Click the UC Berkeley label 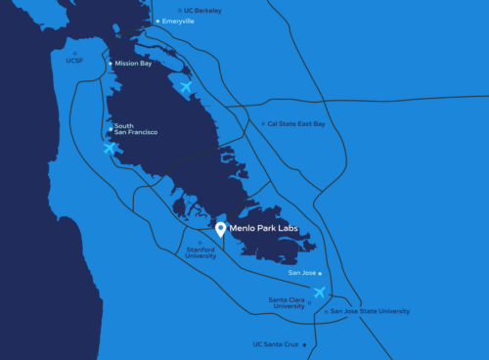(x=203, y=10)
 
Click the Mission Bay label (x=134, y=64)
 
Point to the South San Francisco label (x=136, y=129)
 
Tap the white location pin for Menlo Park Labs (x=221, y=230)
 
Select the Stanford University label (x=200, y=252)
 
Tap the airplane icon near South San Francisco (x=111, y=148)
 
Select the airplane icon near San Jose (x=319, y=292)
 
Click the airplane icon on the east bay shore (x=186, y=87)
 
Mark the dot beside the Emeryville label (x=157, y=21)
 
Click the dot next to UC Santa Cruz (x=305, y=344)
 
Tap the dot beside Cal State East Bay (x=261, y=124)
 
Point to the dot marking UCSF (x=75, y=53)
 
